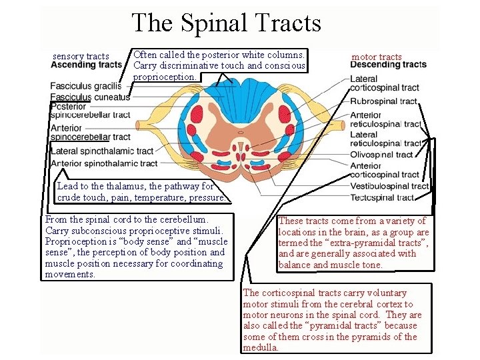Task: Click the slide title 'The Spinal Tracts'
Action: (227, 23)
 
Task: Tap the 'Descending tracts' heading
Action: (388, 65)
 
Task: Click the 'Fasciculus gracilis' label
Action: (86, 86)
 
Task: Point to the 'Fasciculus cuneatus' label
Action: (89, 97)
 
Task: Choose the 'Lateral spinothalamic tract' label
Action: (102, 151)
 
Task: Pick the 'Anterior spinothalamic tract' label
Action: (104, 163)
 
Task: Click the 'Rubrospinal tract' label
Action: (383, 101)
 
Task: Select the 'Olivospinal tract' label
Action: (381, 154)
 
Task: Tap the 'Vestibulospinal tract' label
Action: (389, 186)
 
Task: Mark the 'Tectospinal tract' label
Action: (382, 197)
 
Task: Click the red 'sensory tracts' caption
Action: (81, 56)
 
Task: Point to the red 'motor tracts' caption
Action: (377, 57)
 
